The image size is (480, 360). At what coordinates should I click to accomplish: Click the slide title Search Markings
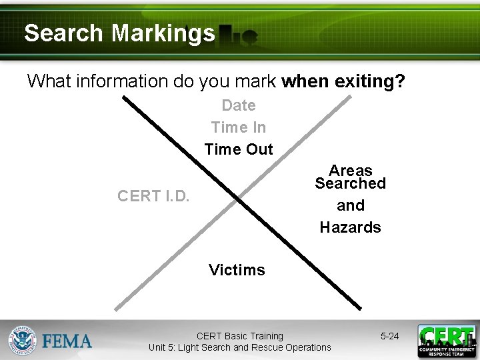coord(119,33)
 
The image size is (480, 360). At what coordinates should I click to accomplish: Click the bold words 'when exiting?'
coord(343,81)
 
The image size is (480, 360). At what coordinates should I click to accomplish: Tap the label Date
coord(239,105)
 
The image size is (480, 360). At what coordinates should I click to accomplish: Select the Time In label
coord(239,127)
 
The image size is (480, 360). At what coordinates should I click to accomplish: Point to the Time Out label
coord(239,149)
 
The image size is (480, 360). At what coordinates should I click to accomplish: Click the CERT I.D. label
coord(153,196)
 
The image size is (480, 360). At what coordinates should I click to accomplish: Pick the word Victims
coord(237,270)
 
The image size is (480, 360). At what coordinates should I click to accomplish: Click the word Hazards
coord(350,227)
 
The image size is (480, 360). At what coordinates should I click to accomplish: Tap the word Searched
coord(350,183)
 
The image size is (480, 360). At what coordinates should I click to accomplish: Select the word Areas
coord(350,171)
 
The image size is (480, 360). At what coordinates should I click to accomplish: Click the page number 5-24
coord(389,336)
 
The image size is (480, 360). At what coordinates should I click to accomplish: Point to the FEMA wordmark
coord(67,341)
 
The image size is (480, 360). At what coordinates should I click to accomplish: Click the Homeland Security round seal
coord(23,341)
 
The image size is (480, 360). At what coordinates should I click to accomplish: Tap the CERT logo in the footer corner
coord(446,341)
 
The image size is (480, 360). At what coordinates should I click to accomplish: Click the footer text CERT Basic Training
coord(239,336)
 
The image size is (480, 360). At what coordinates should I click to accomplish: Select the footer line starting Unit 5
coord(239,347)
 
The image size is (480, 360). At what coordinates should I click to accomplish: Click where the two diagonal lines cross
coord(239,202)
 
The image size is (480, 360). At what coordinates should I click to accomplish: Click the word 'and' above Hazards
coord(350,205)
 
